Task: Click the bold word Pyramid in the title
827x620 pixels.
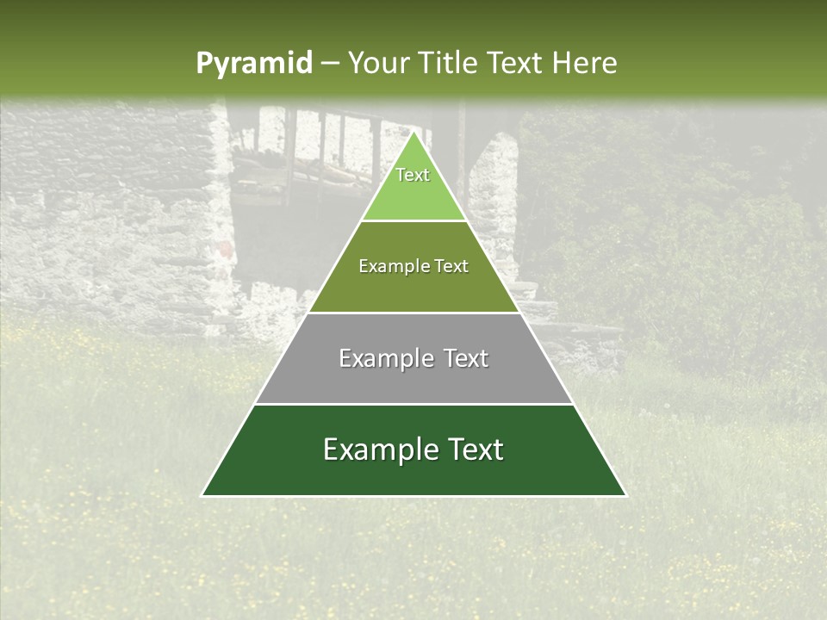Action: [x=253, y=64]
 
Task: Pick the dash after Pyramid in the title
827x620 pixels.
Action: [x=329, y=64]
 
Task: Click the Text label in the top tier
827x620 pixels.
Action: [x=413, y=175]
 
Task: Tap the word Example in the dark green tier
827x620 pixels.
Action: [x=379, y=449]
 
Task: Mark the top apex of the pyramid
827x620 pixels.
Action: [x=413, y=132]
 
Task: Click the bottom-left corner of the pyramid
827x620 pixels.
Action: [x=202, y=495]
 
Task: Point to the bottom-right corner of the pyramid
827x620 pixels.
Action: [x=625, y=495]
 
